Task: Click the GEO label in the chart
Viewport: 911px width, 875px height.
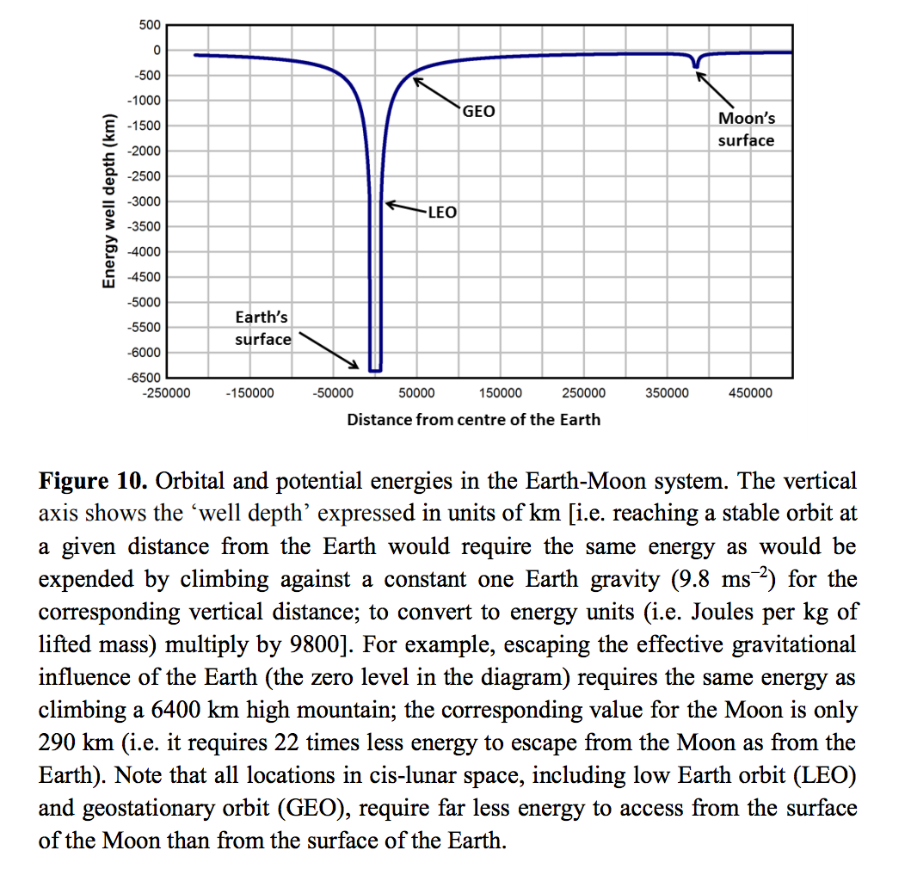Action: click(479, 112)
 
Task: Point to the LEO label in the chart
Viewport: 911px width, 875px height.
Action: click(442, 212)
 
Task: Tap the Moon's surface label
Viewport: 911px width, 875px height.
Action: click(746, 130)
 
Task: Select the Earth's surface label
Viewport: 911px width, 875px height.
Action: click(262, 329)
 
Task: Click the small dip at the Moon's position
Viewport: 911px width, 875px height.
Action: click(695, 63)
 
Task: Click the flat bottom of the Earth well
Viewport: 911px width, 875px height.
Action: click(375, 370)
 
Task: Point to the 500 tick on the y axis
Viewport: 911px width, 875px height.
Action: click(150, 25)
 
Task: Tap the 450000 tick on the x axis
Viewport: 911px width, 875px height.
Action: click(750, 393)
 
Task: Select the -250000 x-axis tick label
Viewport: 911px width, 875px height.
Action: click(166, 393)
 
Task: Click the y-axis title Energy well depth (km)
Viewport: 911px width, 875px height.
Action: click(109, 201)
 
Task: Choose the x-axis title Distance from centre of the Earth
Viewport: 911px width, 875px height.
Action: click(473, 420)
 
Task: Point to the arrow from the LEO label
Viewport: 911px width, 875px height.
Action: click(405, 207)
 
